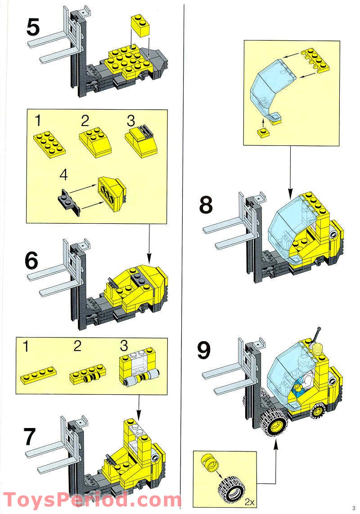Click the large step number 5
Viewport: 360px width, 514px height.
(x=33, y=27)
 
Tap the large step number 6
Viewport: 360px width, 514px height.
(x=31, y=261)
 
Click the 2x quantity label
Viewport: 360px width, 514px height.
(x=249, y=501)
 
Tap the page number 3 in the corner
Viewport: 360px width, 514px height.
(x=354, y=508)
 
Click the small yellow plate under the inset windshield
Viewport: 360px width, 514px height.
(x=263, y=132)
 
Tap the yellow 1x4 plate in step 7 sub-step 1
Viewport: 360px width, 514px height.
(x=38, y=374)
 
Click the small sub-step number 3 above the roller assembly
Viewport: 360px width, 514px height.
(x=124, y=346)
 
